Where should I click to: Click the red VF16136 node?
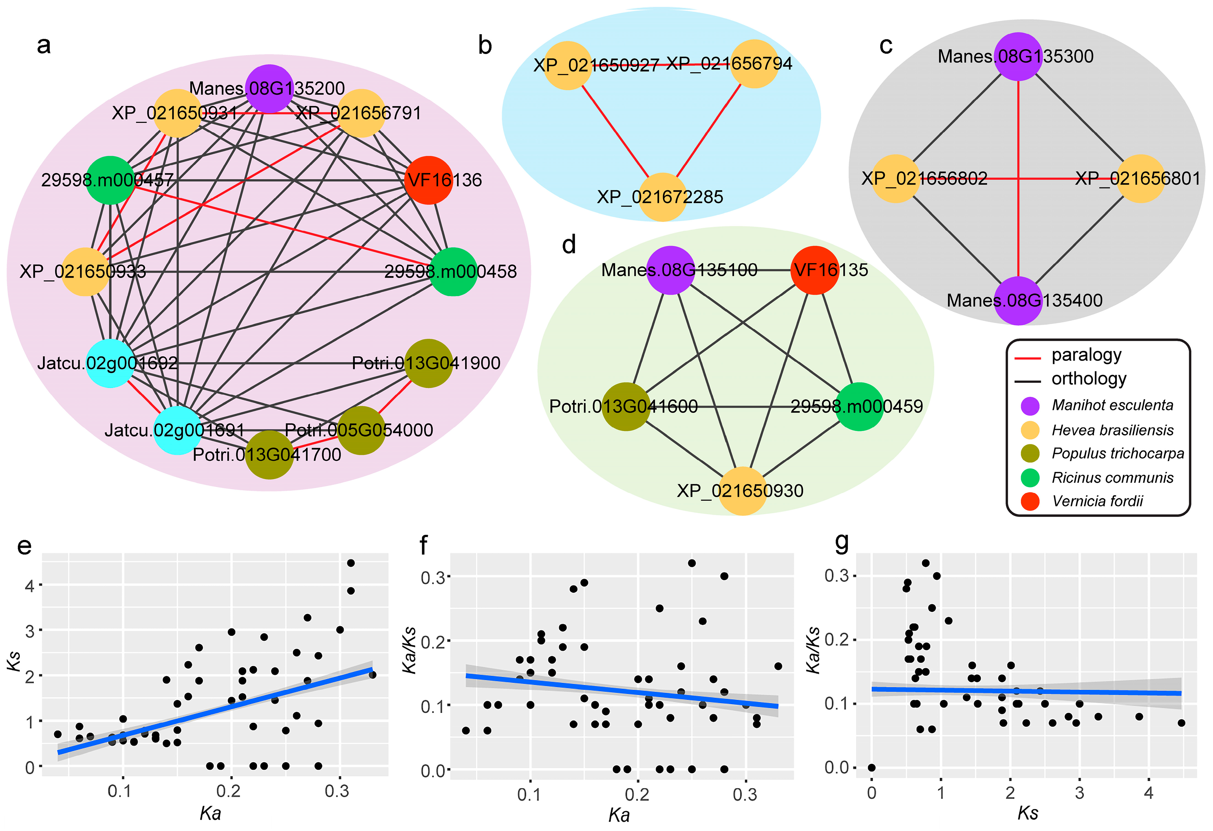click(x=428, y=180)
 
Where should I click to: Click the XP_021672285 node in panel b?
click(x=662, y=197)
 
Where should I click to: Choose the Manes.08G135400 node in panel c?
click(x=1018, y=300)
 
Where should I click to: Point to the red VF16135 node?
click(x=815, y=270)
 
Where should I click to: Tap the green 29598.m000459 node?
click(x=859, y=406)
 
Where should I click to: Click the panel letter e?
click(x=25, y=546)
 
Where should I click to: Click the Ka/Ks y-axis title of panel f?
click(x=410, y=650)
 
